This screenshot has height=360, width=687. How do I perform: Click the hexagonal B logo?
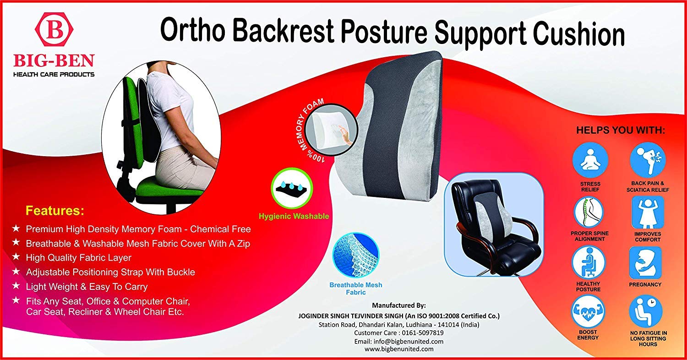coord(54,29)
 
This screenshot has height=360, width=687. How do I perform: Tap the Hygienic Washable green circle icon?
coord(292,187)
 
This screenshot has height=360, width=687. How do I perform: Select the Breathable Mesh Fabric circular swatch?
coord(356,255)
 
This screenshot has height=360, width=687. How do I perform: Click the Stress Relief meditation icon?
coord(590,160)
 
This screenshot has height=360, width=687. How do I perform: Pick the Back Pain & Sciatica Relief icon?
coord(648,159)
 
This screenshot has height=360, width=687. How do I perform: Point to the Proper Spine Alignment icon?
coord(589,212)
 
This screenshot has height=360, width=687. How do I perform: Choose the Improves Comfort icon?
coord(648,212)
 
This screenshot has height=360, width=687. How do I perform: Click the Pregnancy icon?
coord(645,262)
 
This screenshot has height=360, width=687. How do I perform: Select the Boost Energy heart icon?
coord(588,311)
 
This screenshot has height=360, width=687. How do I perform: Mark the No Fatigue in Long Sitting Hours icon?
coord(646,311)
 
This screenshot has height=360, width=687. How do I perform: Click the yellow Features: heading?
coord(55,211)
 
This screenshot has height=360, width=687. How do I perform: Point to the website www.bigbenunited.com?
coord(399,349)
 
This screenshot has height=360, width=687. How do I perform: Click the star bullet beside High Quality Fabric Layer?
coord(16,257)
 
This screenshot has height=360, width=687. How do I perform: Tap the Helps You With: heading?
coord(621,130)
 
